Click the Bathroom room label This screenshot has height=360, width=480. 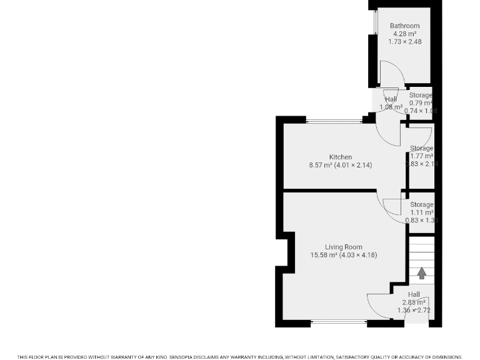[405, 26]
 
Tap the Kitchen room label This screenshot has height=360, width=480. [341, 157]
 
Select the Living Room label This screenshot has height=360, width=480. [343, 247]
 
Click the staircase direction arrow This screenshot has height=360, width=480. [422, 273]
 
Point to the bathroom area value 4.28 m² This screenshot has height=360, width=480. [405, 34]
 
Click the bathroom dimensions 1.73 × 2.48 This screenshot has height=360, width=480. [405, 41]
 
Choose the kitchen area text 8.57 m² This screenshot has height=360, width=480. [322, 165]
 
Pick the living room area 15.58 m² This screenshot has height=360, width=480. [324, 255]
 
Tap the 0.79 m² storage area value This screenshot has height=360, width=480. [421, 103]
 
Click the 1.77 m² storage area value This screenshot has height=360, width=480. [422, 156]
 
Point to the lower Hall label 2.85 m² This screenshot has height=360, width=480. [414, 302]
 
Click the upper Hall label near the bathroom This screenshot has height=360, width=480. [391, 99]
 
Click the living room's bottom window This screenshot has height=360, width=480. [339, 322]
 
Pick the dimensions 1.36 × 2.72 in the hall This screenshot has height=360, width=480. [414, 310]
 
